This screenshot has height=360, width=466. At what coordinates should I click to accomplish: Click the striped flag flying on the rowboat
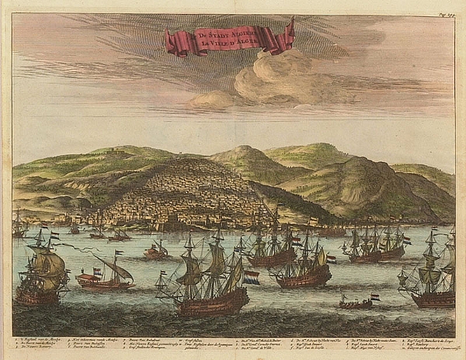374,296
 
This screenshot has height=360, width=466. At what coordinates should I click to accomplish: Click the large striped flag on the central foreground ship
251,276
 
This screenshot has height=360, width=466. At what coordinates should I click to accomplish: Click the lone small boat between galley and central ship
155,250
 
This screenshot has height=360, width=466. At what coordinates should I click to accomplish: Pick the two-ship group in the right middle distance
377,244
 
